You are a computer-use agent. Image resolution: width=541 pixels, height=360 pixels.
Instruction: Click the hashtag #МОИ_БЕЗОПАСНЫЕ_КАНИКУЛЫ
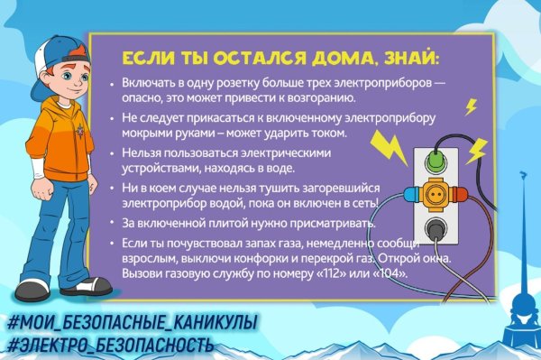coord(131,322)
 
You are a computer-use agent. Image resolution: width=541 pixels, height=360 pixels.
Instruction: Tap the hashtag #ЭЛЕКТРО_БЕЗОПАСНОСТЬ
coord(109,344)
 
